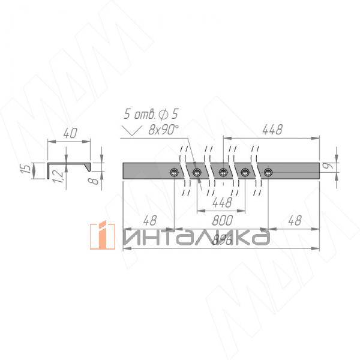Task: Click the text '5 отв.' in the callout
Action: coord(136,113)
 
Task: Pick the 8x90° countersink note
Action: coord(164,128)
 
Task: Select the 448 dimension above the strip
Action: coord(271,129)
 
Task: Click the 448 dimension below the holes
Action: coord(221,203)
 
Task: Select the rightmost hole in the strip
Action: coord(268,173)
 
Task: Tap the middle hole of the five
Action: coord(222,173)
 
